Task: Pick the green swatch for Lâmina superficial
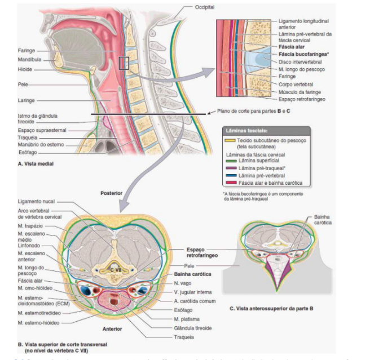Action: click(x=230, y=161)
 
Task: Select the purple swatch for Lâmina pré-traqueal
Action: click(x=230, y=167)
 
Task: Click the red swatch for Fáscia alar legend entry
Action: click(x=230, y=182)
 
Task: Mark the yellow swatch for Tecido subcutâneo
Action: click(x=230, y=139)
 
